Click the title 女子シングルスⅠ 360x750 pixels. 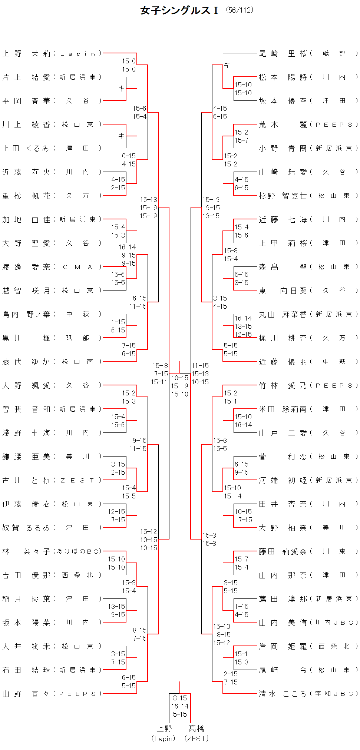180,10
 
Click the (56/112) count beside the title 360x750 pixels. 240,10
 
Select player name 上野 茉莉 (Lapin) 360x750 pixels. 52,54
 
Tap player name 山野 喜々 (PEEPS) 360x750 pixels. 52,694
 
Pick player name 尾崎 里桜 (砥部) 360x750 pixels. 308,54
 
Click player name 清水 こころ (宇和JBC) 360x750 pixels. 308,694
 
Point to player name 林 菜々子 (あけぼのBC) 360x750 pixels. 52,552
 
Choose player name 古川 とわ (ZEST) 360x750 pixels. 52,481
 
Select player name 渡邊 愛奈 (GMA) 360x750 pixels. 52,267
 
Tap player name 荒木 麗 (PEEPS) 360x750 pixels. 308,125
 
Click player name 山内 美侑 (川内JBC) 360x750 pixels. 308,623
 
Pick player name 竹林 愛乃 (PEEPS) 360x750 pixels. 308,386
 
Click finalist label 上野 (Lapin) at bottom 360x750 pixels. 164,733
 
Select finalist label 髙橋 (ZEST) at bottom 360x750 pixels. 196,733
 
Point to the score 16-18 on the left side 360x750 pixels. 149,200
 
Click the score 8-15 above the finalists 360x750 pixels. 180,698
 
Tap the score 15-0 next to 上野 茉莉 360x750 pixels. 129,61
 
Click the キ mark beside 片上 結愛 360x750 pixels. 122,89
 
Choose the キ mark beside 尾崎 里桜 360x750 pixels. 227,65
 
